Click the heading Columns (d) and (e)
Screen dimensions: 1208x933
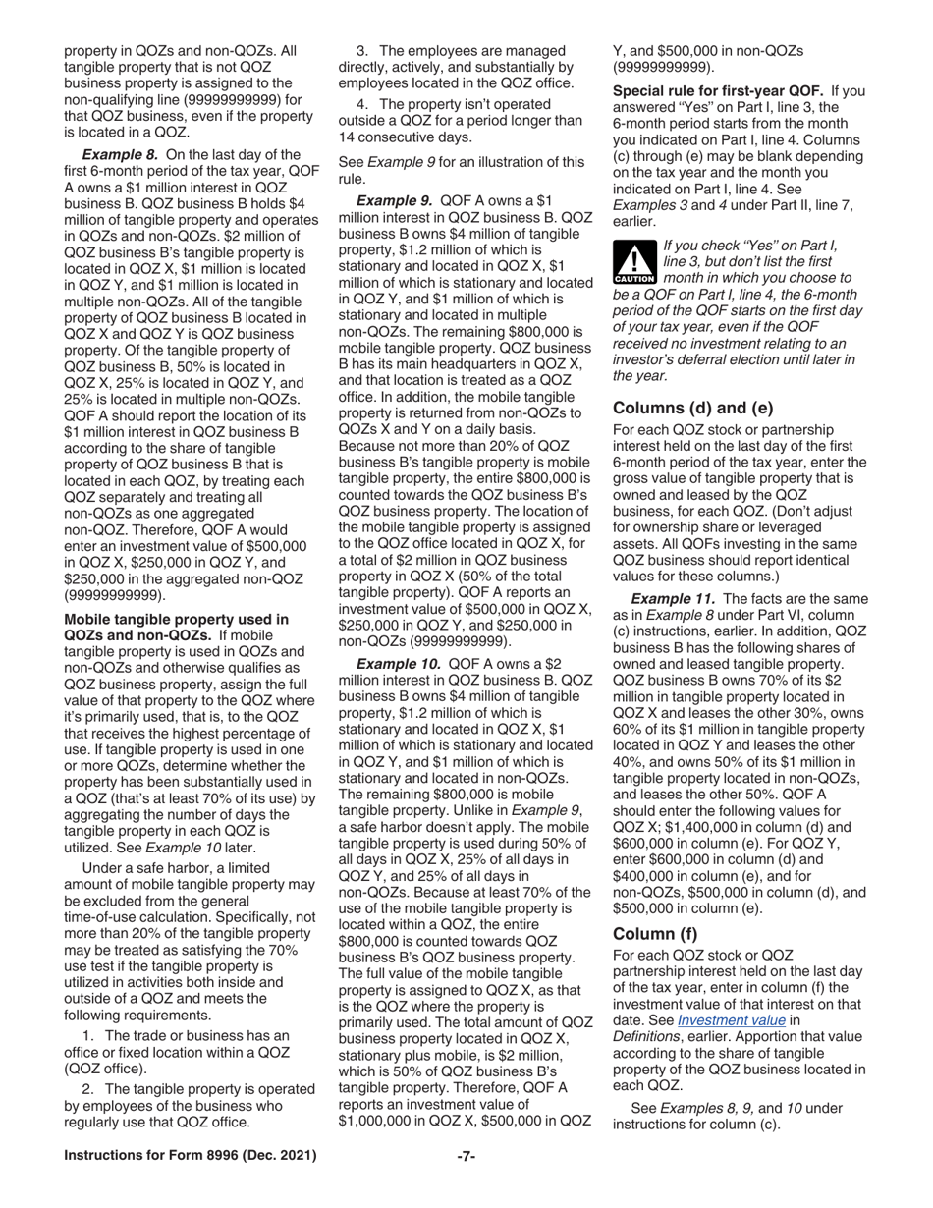pos(692,408)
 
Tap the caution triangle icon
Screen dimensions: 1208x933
pos(633,262)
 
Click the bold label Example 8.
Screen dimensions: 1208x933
pos(120,154)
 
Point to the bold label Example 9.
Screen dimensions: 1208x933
pos(394,199)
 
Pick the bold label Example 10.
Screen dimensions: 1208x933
pos(398,664)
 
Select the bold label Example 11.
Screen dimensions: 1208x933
pos(673,599)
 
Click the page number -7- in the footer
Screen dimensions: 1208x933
pos(466,1156)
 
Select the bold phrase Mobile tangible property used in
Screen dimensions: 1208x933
pos(176,620)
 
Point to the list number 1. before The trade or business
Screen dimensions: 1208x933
pos(89,1035)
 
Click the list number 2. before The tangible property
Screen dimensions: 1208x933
pos(89,1088)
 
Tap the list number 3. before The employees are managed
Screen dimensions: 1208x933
pos(362,50)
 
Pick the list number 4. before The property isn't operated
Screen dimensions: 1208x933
pos(362,103)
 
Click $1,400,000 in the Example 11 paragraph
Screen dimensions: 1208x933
pos(694,827)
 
